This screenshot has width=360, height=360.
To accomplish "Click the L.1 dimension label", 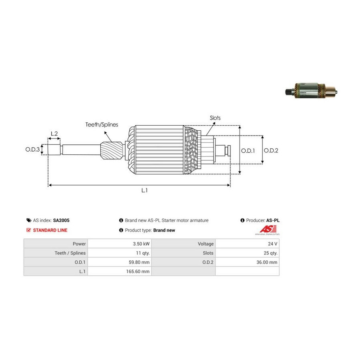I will [x=144, y=191].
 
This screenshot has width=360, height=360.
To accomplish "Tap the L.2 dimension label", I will [x=54, y=134].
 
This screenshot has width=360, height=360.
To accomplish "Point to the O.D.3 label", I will [x=33, y=150].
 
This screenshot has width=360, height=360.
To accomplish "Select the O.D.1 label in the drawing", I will [x=248, y=150].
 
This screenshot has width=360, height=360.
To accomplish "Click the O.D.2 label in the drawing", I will [x=271, y=150].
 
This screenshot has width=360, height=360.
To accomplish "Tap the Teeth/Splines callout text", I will [x=102, y=125].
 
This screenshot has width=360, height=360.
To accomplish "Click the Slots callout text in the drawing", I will [x=215, y=118].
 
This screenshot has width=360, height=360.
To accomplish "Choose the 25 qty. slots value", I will [x=270, y=253].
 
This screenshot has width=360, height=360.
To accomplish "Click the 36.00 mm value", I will [x=267, y=262].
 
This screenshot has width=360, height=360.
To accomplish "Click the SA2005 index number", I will [x=61, y=220].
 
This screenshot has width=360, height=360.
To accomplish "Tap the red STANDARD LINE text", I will [x=50, y=230].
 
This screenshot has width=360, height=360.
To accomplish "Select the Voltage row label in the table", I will [x=206, y=244].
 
